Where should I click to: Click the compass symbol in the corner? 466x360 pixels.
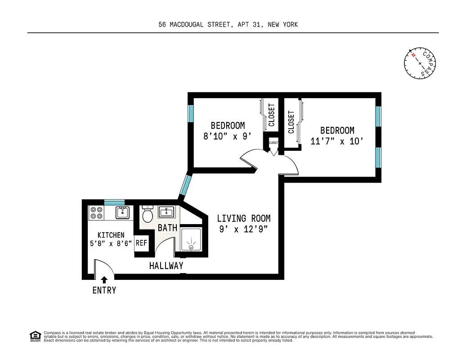click(421, 63)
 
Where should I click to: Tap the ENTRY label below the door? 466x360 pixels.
click(104, 290)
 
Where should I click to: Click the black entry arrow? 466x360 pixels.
click(104, 280)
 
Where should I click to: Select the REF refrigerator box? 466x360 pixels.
click(141, 243)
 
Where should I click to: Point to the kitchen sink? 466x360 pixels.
click(122, 212)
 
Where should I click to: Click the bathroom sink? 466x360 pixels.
click(166, 212)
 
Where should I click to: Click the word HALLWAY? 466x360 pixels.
click(166, 266)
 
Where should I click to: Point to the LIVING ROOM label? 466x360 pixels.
click(244, 219)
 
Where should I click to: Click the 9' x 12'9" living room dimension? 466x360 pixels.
click(244, 230)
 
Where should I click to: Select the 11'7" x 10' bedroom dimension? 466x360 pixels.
click(337, 141)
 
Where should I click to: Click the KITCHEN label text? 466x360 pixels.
click(111, 235)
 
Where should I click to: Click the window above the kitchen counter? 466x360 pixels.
click(114, 202)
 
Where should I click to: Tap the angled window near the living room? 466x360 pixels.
click(185, 185)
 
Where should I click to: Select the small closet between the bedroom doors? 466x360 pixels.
click(273, 143)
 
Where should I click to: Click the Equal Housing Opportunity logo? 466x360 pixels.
click(35, 336)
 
